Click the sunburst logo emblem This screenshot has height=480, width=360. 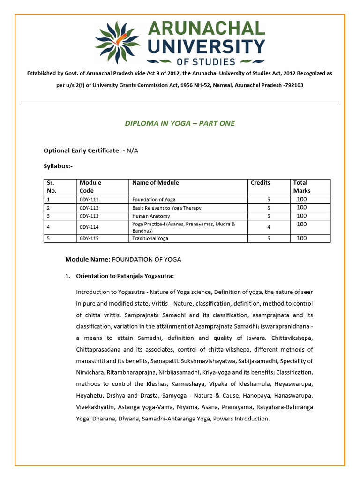coord(117,42)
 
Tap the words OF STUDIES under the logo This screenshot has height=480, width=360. coord(206,61)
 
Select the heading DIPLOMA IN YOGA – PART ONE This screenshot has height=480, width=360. coord(180,123)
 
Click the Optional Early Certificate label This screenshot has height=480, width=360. coord(82,150)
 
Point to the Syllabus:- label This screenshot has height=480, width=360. coord(58,166)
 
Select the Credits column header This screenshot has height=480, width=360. coord(260,183)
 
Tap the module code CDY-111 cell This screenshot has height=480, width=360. coord(89,200)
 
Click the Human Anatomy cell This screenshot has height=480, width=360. coord(151,216)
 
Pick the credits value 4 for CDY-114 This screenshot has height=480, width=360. coord(268,227)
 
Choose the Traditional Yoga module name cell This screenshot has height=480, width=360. coord(150,238)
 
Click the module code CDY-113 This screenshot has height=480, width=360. coord(89,216)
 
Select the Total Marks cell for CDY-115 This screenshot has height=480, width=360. coord(302,238)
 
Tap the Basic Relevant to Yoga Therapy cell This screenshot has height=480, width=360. coord(166,208)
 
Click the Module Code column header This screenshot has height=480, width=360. coord(90,187)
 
